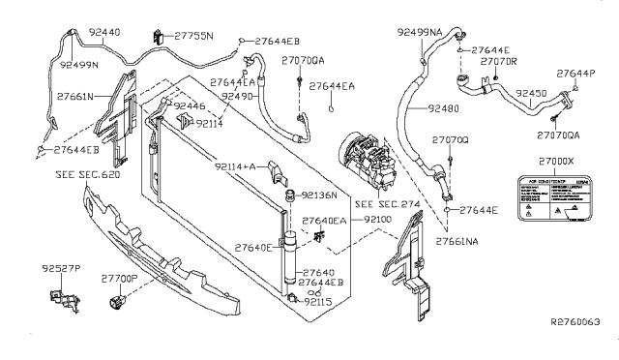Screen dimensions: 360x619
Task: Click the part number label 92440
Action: click(x=103, y=33)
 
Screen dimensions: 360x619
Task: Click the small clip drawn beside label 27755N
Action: click(x=158, y=37)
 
